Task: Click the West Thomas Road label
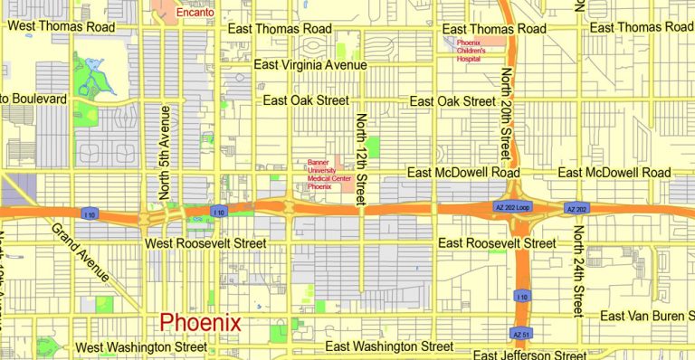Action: [x=62, y=27]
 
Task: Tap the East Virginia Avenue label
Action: [x=310, y=65]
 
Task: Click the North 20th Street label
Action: [x=508, y=111]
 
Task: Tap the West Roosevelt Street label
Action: [x=205, y=244]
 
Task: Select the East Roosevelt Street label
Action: [x=497, y=244]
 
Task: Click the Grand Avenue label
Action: [x=81, y=252]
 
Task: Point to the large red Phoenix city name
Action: [x=200, y=323]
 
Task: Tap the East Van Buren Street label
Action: [x=647, y=316]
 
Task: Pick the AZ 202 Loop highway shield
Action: [x=511, y=209]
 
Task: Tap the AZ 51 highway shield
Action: [x=519, y=333]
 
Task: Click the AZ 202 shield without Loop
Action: [x=577, y=209]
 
